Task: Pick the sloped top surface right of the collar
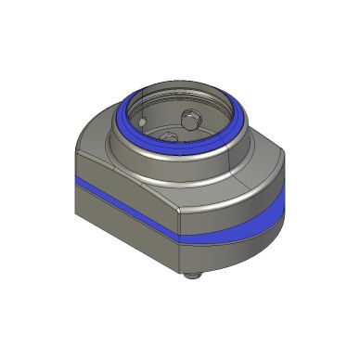coord(260,172)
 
